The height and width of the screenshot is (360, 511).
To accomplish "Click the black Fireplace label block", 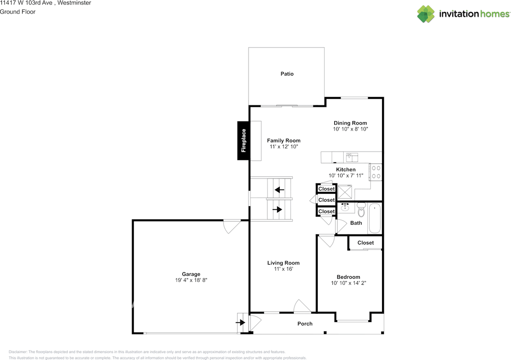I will point(243,141).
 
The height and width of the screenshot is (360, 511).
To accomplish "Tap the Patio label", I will point(287,74).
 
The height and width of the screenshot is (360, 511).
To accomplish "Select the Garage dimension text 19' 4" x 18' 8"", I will point(191,280).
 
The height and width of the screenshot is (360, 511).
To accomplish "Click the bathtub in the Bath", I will point(374,219).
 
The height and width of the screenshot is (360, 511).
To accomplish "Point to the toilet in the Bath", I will point(361,210).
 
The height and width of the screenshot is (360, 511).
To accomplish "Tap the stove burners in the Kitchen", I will point(376,172).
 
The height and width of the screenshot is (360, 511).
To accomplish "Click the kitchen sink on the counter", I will point(352,156).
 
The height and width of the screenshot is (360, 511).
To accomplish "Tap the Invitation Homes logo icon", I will point(426,14).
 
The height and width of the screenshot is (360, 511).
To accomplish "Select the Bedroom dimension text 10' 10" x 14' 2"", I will point(349,283).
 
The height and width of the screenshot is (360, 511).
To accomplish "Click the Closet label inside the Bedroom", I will point(366,243).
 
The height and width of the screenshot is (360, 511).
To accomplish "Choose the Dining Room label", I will point(350,123).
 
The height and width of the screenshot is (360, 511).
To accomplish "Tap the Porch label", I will point(305,324).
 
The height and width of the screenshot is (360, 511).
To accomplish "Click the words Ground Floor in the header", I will point(18,12).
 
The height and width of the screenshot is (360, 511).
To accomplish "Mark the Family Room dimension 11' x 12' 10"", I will point(284,147).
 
